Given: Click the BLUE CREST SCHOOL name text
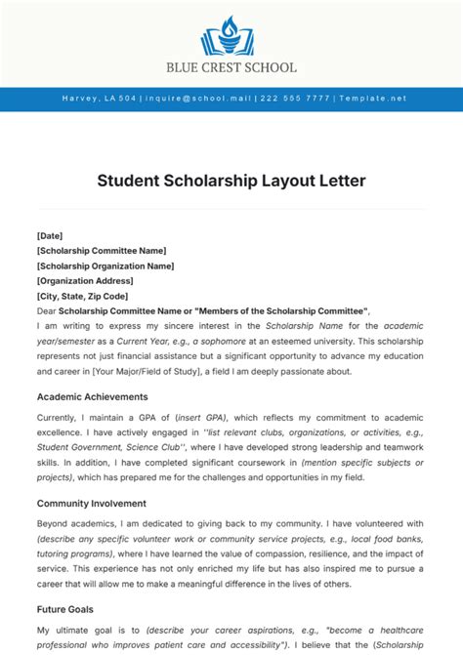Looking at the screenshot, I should [231, 68].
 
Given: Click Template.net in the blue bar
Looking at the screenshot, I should [373, 99].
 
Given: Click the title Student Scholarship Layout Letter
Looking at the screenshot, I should [231, 181].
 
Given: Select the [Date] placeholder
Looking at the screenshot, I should [50, 235].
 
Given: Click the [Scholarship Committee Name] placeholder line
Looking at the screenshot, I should [100, 251].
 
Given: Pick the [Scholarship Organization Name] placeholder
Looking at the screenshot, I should [105, 266].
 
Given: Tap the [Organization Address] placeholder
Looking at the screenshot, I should [85, 281].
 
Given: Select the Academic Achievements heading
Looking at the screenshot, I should [93, 396].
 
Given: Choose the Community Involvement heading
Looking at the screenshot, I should [92, 504].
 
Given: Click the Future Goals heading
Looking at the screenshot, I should [65, 610].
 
